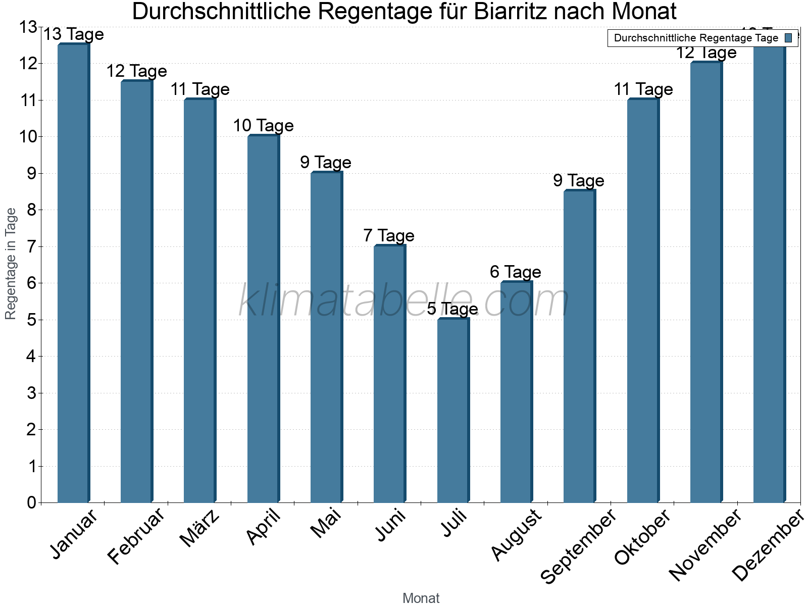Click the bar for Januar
pyautogui.click(x=73, y=273)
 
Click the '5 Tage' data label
pyautogui.click(x=452, y=309)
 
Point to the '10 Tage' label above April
pyautogui.click(x=263, y=125)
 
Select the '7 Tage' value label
pyautogui.click(x=389, y=235)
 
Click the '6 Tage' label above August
pyautogui.click(x=516, y=272)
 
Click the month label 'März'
pyautogui.click(x=200, y=528)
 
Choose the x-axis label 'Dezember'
pyautogui.click(x=768, y=546)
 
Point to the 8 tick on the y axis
pyautogui.click(x=31, y=210)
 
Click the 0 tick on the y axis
pyautogui.click(x=31, y=502)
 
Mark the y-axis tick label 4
pyautogui.click(x=31, y=357)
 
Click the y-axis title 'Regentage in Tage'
pyautogui.click(x=11, y=264)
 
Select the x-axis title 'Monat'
pyautogui.click(x=421, y=598)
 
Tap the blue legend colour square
pyautogui.click(x=788, y=38)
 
